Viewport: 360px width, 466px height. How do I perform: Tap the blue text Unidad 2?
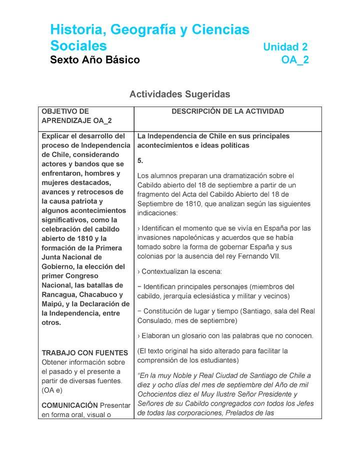point(285,47)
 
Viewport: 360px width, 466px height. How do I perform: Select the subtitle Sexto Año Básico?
point(95,60)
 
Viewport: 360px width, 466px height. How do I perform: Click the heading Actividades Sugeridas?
point(179,94)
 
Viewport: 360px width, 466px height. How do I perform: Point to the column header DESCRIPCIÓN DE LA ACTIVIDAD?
point(227,111)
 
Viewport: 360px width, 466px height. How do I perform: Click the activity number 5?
point(140,160)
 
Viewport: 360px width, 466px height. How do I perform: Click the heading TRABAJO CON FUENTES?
point(85,353)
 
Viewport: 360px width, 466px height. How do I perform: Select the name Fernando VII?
point(262,256)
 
